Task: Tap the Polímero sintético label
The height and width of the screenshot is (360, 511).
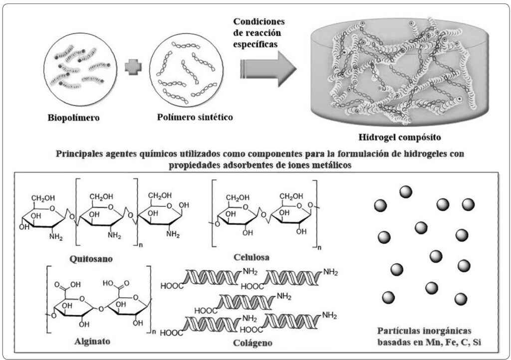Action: pyautogui.click(x=188, y=118)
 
